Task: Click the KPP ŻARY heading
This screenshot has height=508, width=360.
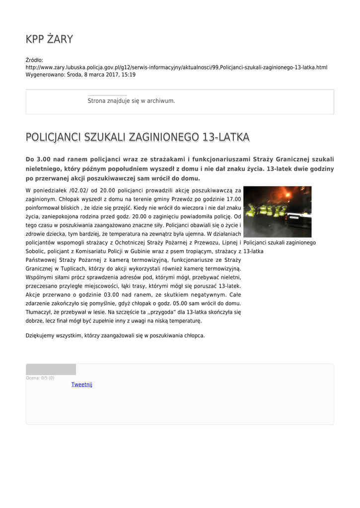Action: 49,39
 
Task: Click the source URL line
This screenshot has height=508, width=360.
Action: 176,67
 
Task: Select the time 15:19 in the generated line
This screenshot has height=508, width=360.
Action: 129,74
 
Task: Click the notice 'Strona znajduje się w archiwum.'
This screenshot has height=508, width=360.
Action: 131,101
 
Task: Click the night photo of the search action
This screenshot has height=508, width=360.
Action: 277,212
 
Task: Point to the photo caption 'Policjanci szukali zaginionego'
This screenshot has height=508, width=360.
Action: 280,243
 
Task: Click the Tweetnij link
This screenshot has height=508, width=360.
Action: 82,384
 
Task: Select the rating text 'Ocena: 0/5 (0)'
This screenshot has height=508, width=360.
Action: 40,378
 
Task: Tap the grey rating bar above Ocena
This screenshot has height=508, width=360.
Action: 51,369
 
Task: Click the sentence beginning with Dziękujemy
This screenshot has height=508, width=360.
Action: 115,336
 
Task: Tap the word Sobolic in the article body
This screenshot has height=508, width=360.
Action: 36,252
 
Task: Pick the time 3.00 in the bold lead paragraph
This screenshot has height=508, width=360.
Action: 42,159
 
